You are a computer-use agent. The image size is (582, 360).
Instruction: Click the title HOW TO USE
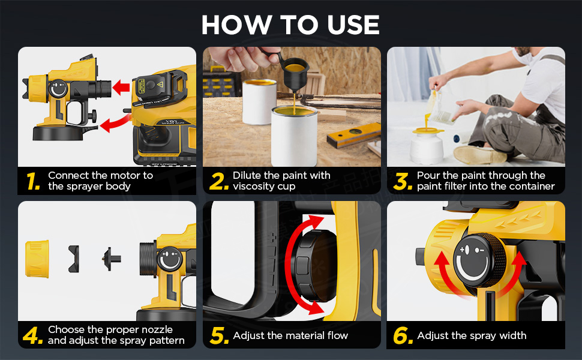(290, 25)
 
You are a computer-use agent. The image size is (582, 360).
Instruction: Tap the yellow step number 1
(33, 181)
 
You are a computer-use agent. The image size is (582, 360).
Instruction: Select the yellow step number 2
(218, 181)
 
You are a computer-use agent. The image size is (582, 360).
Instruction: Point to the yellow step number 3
(403, 181)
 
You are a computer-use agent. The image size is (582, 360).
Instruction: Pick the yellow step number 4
(32, 335)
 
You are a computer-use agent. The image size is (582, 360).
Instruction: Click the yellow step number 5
(220, 335)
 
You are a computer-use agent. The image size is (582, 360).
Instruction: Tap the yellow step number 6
(403, 335)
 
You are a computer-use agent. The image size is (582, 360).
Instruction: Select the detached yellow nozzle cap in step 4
(37, 259)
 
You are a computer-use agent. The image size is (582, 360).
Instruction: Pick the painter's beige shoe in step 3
(479, 154)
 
